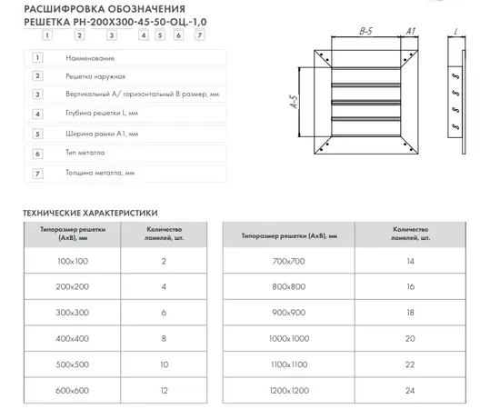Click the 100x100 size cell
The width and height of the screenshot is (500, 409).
coord(73,261)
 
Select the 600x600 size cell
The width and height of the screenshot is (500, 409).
coord(73,390)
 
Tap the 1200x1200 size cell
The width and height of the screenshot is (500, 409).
coord(289,390)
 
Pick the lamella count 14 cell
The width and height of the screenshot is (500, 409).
coord(410,261)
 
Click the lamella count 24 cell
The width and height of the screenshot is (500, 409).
coord(410,390)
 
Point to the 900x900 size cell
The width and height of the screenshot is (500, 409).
coord(289,313)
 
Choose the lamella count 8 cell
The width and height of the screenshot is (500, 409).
coord(164,338)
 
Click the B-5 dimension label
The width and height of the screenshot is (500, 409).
coord(365,31)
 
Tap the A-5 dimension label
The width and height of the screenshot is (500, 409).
coord(295,102)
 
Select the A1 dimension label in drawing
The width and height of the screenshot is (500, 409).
coord(411,31)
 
